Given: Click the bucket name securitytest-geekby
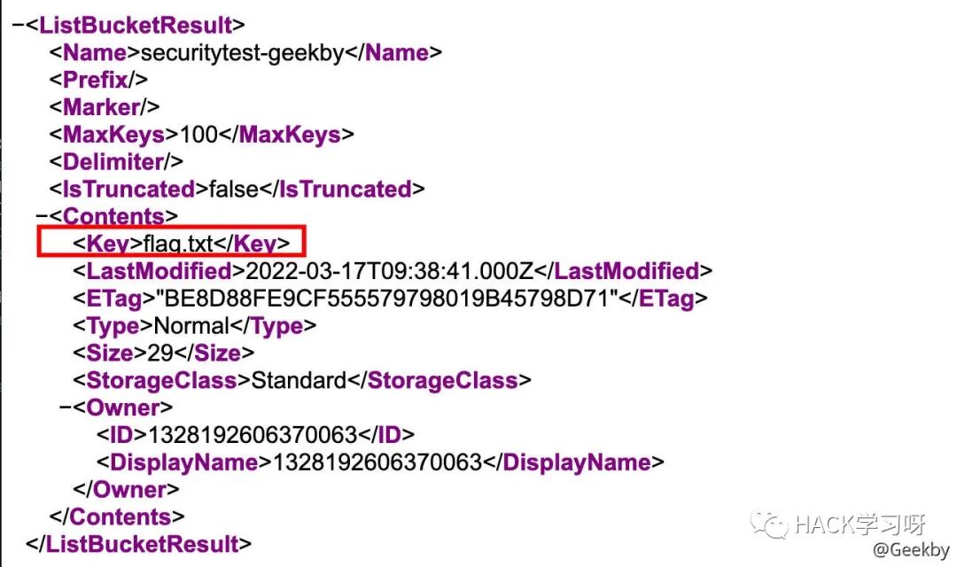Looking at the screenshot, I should point(242,52).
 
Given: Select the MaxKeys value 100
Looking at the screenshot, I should point(198,135).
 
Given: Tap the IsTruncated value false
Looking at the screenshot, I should point(234,189).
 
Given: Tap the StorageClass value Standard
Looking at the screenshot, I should point(299,381).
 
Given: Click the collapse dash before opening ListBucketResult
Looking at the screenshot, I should point(17,25).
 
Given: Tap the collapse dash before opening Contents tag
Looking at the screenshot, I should point(41,216).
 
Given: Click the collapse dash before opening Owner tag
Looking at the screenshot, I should point(65,408).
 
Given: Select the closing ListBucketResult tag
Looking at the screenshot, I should point(139,544).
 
